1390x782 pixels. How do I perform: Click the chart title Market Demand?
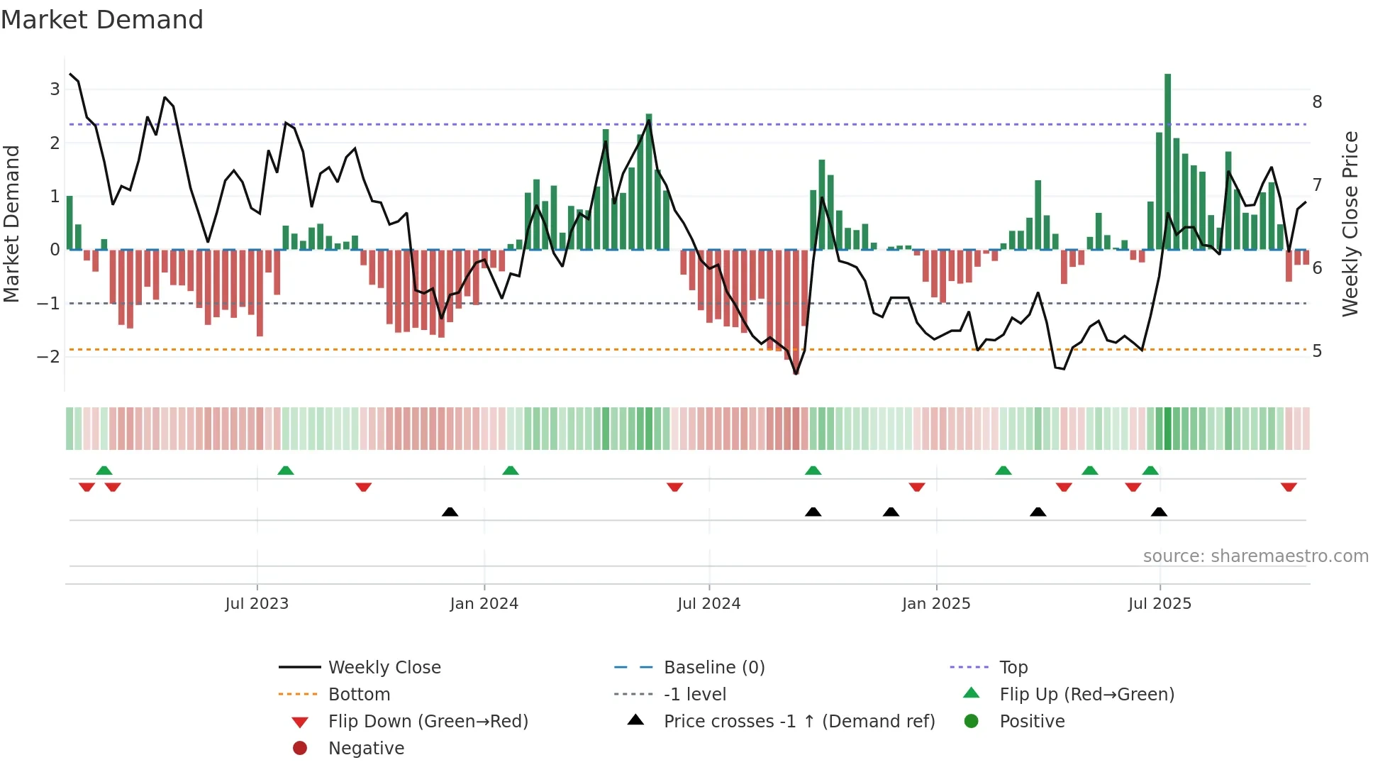click(x=102, y=20)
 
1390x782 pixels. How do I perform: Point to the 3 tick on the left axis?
click(x=55, y=89)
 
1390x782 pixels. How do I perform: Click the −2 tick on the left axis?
click(x=49, y=356)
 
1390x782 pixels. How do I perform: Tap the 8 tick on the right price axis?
click(x=1317, y=102)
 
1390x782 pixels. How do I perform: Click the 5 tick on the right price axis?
click(x=1317, y=351)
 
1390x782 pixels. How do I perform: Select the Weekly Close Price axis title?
click(x=1351, y=224)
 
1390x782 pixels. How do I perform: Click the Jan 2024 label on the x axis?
click(x=484, y=604)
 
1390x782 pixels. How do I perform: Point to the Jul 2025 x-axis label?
click(x=1160, y=604)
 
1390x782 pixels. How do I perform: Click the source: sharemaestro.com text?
click(x=1255, y=556)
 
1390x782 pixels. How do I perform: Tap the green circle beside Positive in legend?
click(x=972, y=722)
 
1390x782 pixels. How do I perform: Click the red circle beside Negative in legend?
click(x=300, y=749)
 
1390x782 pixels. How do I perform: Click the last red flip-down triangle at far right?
click(x=1289, y=487)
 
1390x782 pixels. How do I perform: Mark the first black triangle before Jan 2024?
click(x=450, y=512)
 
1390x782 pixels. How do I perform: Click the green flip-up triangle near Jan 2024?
click(x=511, y=470)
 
